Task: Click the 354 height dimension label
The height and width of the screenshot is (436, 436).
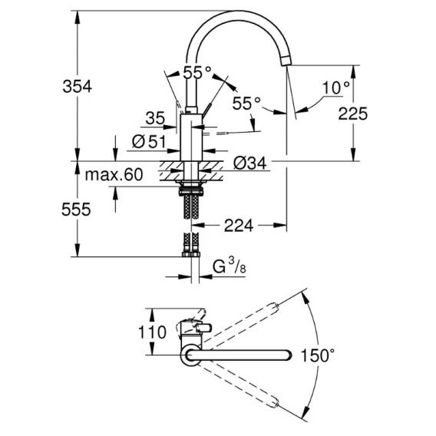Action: pyautogui.click(x=77, y=86)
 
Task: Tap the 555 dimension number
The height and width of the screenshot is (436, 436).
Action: pyautogui.click(x=76, y=209)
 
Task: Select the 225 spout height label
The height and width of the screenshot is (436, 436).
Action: pyautogui.click(x=352, y=114)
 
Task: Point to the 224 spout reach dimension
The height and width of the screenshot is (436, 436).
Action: pyautogui.click(x=239, y=225)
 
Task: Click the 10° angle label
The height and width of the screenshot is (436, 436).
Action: pyautogui.click(x=336, y=88)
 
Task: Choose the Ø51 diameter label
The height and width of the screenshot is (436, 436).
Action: pyautogui.click(x=149, y=141)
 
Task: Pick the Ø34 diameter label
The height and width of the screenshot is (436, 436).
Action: pyautogui.click(x=249, y=163)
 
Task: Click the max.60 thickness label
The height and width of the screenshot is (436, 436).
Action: pyautogui.click(x=114, y=174)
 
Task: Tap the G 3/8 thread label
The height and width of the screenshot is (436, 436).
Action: pyautogui.click(x=229, y=266)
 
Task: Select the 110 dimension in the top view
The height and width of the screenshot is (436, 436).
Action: pyautogui.click(x=153, y=332)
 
